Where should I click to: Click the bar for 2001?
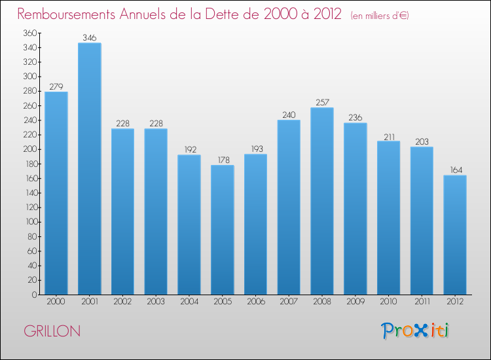click(x=89, y=169)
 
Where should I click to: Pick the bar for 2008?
click(x=322, y=201)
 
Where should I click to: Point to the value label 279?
click(x=56, y=86)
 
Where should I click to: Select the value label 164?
click(x=455, y=170)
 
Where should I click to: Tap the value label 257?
click(x=322, y=103)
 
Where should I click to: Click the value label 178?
click(x=222, y=160)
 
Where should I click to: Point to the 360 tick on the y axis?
click(x=29, y=33)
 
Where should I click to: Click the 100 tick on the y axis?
click(x=29, y=222)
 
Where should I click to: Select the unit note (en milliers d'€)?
click(x=380, y=15)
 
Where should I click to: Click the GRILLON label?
click(x=52, y=331)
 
